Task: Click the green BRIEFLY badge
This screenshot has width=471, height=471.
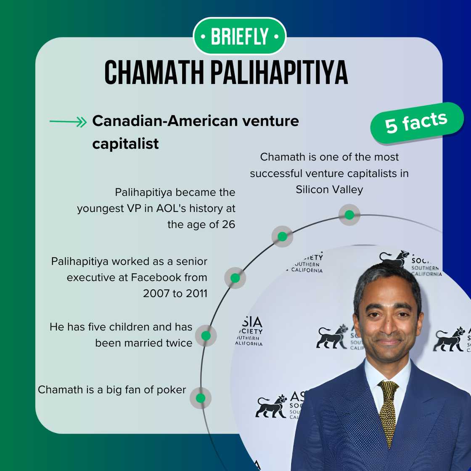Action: click(239, 37)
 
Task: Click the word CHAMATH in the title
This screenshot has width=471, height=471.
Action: click(154, 73)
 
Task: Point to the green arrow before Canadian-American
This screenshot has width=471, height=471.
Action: click(68, 122)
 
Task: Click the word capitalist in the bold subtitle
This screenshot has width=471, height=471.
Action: click(125, 143)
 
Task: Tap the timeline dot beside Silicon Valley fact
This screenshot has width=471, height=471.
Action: click(349, 215)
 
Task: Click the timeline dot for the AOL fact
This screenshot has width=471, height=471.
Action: click(282, 236)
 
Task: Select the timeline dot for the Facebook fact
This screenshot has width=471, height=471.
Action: click(235, 278)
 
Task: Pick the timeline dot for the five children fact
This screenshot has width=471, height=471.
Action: click(206, 336)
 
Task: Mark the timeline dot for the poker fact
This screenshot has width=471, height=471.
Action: click(201, 398)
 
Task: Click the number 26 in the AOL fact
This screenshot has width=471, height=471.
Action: click(228, 225)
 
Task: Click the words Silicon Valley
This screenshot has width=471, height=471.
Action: click(329, 190)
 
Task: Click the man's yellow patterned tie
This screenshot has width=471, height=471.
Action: click(388, 408)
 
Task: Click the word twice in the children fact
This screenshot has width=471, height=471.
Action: click(179, 343)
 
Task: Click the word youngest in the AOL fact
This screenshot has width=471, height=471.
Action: click(101, 209)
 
